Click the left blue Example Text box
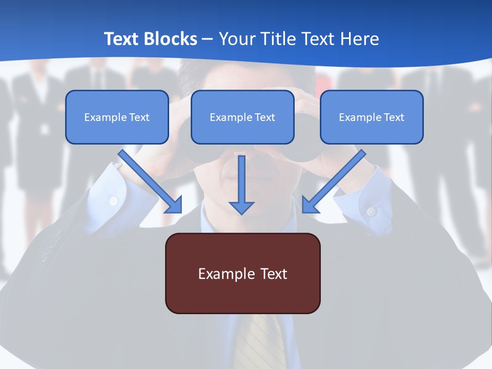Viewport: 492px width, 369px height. pyautogui.click(x=117, y=117)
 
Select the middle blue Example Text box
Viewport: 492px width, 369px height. pyautogui.click(x=242, y=117)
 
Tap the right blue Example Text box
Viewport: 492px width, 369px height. pyautogui.click(x=372, y=117)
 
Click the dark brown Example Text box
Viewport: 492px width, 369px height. pyautogui.click(x=242, y=273)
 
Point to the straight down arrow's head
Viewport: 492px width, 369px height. pyautogui.click(x=241, y=207)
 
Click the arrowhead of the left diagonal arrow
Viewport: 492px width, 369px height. pyautogui.click(x=174, y=204)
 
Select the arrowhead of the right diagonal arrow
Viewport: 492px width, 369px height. pyautogui.click(x=310, y=204)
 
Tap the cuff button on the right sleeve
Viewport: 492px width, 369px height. pyautogui.click(x=372, y=211)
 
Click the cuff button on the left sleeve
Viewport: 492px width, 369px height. pyautogui.click(x=113, y=201)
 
